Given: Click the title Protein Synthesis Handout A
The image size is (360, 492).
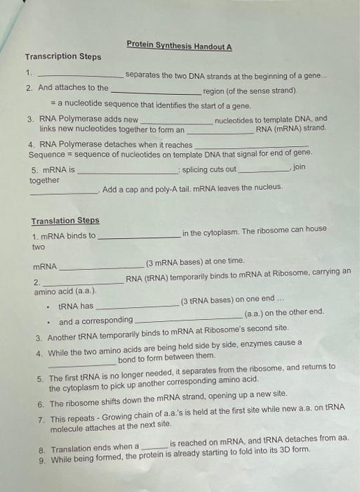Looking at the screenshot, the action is (x=179, y=46).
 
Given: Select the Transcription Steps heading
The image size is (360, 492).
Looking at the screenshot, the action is (x=63, y=57).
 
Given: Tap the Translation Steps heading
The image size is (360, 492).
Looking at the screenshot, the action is (x=65, y=221).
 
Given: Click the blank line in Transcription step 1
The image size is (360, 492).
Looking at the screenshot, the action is (x=80, y=75).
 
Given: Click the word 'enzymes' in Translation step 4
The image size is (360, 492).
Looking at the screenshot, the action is (x=261, y=343).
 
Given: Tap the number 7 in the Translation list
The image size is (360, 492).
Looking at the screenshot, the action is (x=41, y=419).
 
